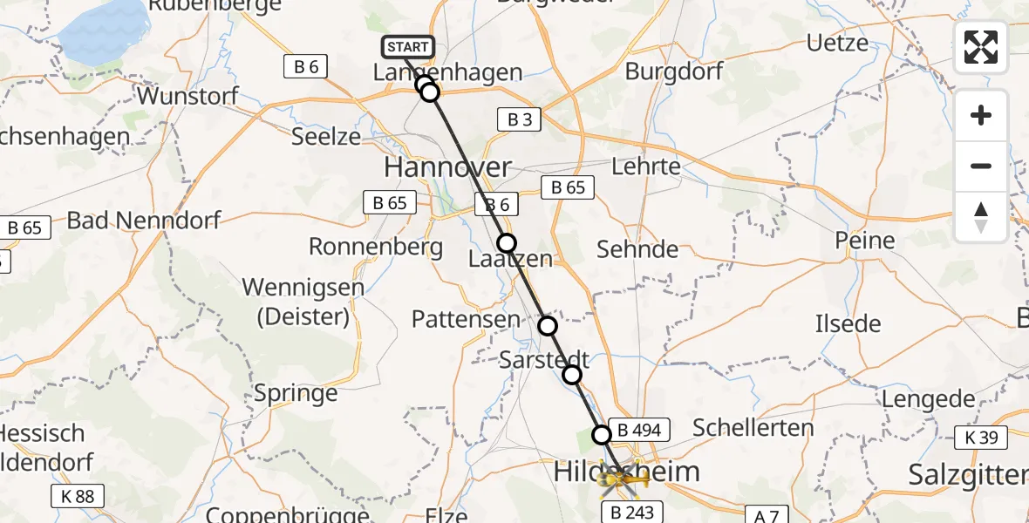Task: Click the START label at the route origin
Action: point(407,47)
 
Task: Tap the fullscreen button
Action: point(981,47)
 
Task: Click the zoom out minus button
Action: point(981,166)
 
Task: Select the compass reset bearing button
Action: point(981,216)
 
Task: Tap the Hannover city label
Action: point(447,167)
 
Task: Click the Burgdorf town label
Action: point(674,71)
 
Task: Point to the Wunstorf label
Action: point(188,96)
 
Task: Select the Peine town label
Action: point(864,241)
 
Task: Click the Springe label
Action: point(296,393)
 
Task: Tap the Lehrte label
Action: point(646,166)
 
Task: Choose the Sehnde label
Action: point(637,250)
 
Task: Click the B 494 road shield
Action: point(644,430)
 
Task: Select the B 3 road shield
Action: point(520,119)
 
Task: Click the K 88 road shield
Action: point(77,497)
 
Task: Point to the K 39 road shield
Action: point(982,437)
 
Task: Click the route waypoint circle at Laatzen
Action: point(507,242)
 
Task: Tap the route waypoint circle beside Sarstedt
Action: point(572,375)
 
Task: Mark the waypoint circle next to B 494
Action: point(602,434)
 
